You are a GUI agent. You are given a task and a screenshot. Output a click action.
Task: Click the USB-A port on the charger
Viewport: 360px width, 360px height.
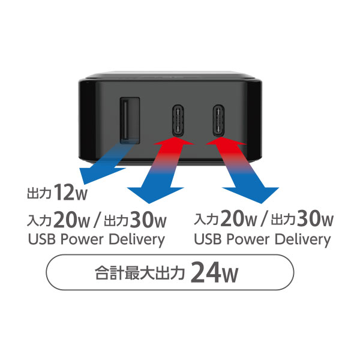(130, 121)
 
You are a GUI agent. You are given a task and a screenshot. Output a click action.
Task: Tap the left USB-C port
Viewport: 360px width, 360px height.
(178, 120)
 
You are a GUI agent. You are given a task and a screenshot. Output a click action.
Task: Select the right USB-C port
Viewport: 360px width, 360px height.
(218, 120)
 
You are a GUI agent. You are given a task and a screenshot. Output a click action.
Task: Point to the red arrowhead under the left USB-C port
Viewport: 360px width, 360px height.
(174, 141)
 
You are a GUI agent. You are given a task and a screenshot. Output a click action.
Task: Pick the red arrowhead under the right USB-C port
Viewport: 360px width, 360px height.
(226, 141)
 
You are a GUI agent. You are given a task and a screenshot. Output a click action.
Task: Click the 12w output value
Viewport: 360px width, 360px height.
(71, 193)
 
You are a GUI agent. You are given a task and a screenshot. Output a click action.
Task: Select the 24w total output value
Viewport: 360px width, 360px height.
(214, 273)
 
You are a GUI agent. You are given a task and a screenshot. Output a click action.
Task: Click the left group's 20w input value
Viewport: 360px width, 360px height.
(71, 220)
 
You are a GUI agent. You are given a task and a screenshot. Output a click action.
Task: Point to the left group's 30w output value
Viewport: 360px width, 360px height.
(148, 220)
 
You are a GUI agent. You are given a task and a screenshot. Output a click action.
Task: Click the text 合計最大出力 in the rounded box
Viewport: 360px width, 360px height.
(140, 273)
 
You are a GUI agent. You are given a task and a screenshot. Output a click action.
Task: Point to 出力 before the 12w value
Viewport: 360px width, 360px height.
(39, 193)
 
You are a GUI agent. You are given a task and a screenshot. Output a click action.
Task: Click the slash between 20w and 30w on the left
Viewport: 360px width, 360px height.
(97, 220)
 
